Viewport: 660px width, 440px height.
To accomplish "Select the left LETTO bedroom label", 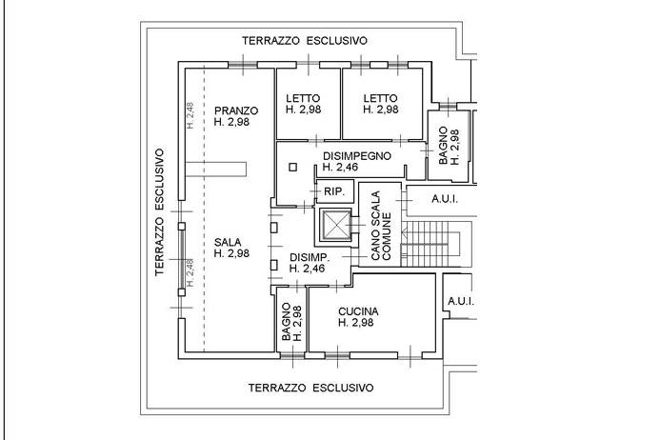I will point(302,97).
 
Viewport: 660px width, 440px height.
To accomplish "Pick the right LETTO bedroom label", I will point(380,97).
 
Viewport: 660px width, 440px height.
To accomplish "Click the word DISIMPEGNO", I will point(357,155).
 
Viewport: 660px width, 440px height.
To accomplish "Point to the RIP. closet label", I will point(333,191).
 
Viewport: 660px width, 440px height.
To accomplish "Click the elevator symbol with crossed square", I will point(335,228).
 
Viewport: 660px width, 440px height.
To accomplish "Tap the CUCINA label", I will point(359,311).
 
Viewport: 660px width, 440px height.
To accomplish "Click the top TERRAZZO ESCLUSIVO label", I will point(305,41).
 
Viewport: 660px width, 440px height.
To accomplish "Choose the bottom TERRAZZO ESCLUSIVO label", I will point(310,389).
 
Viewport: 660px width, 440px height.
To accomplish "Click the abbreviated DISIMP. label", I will point(310,257).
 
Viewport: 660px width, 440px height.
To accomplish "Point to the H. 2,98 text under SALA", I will point(232,253).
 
